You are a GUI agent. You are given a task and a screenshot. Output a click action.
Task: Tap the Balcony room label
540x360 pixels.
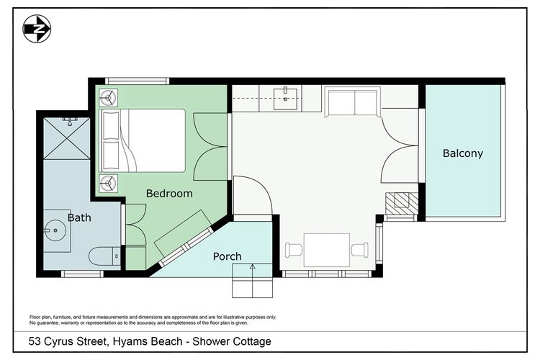pyautogui.click(x=462, y=153)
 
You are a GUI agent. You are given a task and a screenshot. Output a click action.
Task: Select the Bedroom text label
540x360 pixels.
pyautogui.click(x=169, y=193)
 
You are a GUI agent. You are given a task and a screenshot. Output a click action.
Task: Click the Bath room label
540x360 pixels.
pyautogui.click(x=79, y=217)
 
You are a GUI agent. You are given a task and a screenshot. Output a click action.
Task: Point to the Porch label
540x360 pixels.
pyautogui.click(x=227, y=256)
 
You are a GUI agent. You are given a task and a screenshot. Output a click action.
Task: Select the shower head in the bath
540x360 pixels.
pyautogui.click(x=70, y=121)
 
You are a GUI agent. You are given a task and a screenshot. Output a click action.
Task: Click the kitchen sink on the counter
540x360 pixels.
pyautogui.click(x=287, y=98)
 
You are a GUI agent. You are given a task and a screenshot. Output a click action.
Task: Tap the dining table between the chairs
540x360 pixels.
pyautogui.click(x=327, y=251)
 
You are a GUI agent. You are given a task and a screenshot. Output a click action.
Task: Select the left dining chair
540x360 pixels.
pyautogui.click(x=294, y=251)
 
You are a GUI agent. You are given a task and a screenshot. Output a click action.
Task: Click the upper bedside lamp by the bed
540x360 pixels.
pyautogui.click(x=108, y=99)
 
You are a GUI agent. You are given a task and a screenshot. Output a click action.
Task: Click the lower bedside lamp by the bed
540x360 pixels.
pyautogui.click(x=108, y=184)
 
